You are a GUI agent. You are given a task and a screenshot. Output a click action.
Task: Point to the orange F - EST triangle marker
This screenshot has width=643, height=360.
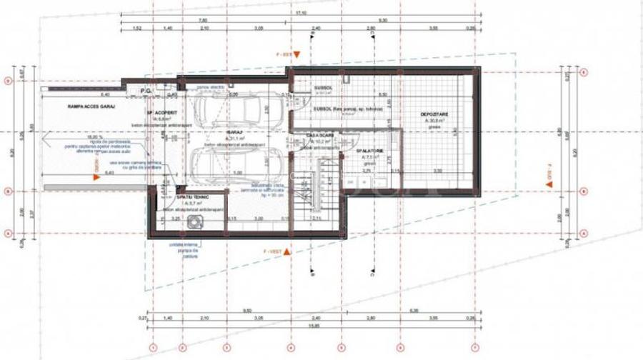tap(299, 54)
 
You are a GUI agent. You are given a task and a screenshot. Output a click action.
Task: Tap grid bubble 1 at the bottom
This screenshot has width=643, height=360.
tap(151, 348)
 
